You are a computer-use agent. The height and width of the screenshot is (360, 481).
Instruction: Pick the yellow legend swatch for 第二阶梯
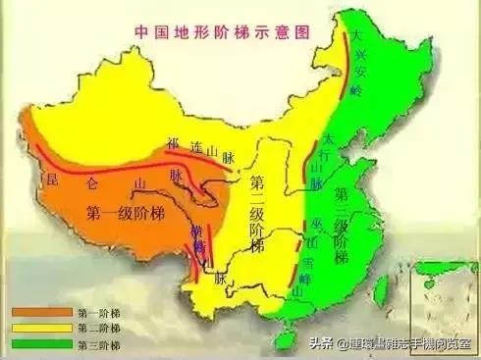30,328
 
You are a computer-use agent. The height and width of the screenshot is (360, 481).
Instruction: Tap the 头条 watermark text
320,344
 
